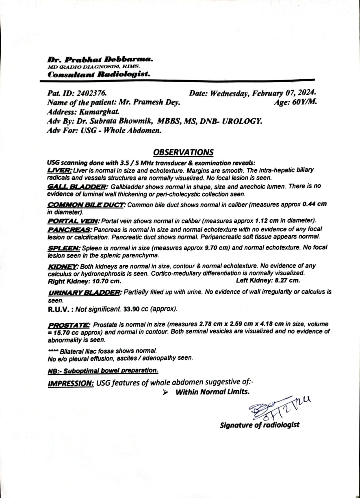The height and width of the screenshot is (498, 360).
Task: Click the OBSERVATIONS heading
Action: click(183, 152)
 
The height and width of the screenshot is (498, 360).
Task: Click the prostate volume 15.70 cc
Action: click(65, 332)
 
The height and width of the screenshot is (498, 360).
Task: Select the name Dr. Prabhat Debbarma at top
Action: click(100, 59)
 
